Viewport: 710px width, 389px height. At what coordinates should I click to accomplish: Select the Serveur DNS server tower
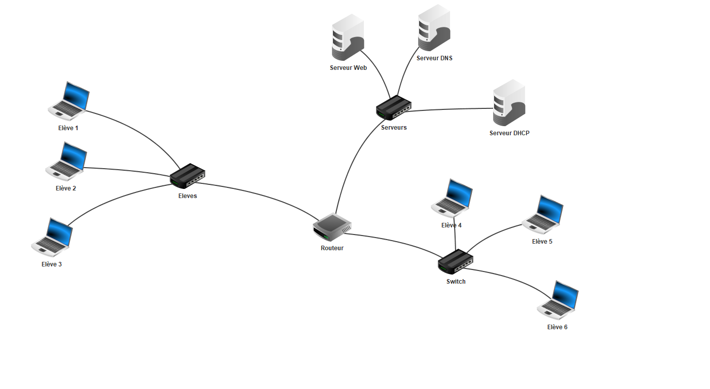[x=434, y=28]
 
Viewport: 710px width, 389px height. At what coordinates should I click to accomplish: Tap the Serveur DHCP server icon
[x=509, y=103]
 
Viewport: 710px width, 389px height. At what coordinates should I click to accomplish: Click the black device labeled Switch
[x=456, y=262]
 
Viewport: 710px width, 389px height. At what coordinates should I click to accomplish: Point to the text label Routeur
[x=332, y=248]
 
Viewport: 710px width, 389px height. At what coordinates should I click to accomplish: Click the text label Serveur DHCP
[x=509, y=133]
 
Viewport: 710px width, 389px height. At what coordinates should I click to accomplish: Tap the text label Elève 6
[x=557, y=327]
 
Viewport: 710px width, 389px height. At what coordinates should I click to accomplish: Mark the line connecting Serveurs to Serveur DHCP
[x=451, y=109]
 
